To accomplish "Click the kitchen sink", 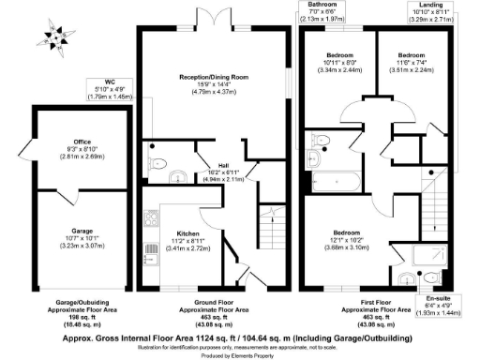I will pos(150,252).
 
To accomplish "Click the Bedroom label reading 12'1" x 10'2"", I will pos(349,240).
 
